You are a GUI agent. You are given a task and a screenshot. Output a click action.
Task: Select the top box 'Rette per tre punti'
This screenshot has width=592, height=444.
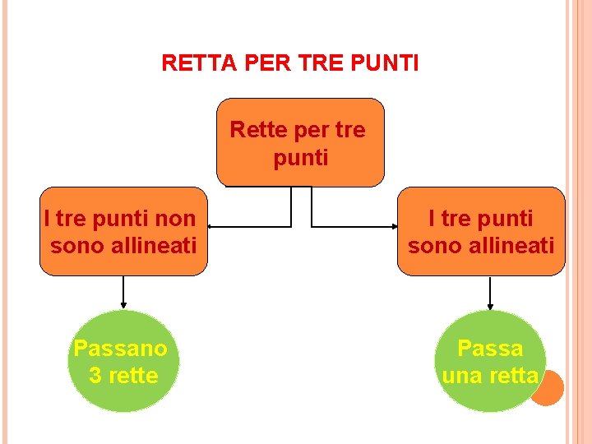coord(300,143)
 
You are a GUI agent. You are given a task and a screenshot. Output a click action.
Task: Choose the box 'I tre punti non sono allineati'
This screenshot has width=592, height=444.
coord(123,231)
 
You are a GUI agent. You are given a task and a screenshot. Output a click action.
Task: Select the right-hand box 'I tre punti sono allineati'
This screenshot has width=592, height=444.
coord(481,231)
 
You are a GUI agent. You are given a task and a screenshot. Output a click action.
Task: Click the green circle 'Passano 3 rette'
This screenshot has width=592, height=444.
coord(123,362)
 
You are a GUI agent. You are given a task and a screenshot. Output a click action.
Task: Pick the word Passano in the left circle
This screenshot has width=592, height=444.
coord(120,349)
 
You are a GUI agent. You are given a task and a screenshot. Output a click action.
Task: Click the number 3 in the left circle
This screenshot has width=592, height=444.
coord(95,376)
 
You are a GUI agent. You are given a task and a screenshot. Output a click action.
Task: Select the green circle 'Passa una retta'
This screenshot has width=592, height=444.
coord(490,362)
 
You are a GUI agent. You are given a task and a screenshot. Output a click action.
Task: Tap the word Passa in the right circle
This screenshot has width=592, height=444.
coord(490,349)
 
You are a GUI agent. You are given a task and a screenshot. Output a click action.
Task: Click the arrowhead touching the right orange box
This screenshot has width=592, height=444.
coord(393,225)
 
